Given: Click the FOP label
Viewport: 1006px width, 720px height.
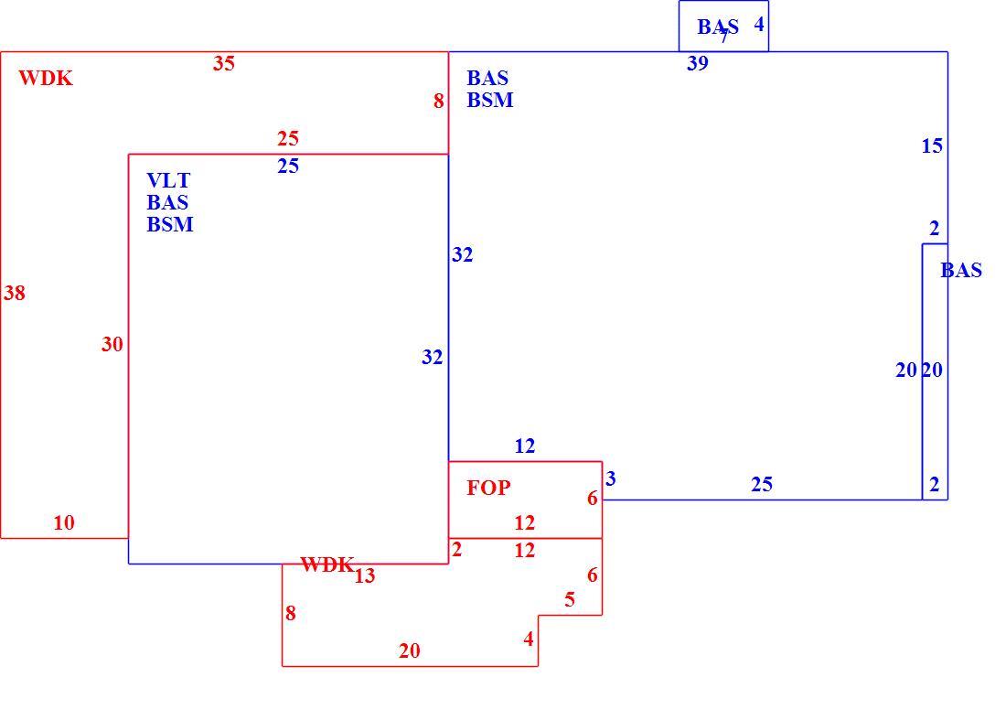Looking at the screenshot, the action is point(488,488).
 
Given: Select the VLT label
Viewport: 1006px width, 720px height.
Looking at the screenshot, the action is point(168,180).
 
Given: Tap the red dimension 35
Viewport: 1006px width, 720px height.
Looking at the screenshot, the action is point(224,63).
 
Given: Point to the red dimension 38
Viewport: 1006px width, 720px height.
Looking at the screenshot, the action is point(15,294).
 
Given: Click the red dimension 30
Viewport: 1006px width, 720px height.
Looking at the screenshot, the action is point(112,345).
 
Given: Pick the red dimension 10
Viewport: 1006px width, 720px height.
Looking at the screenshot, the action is point(64,523).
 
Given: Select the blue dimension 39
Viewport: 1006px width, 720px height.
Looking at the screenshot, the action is point(698,63).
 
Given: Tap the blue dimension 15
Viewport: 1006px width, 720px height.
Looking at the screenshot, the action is point(932,146).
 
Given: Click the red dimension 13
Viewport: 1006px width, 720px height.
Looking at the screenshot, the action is point(364,576).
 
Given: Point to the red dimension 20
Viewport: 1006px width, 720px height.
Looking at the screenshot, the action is point(410,651).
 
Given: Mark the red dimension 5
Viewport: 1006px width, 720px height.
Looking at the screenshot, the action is point(570,600).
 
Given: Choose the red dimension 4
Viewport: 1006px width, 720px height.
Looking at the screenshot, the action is point(529,639).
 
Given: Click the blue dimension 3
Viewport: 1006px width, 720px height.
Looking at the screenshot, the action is point(611,478).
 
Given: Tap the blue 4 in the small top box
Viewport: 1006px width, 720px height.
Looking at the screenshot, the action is point(759,25).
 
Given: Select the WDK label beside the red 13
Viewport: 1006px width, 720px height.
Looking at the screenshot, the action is point(327,564).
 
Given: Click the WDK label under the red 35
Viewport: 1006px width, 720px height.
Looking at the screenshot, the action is point(46,79).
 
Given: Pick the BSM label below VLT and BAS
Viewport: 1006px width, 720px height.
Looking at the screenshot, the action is point(170,224).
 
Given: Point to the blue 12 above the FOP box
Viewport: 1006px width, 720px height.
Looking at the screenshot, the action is point(525,446).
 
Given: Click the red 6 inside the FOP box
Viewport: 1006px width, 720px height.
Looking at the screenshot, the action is point(593,499).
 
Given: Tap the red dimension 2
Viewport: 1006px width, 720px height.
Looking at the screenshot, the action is point(456,550).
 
